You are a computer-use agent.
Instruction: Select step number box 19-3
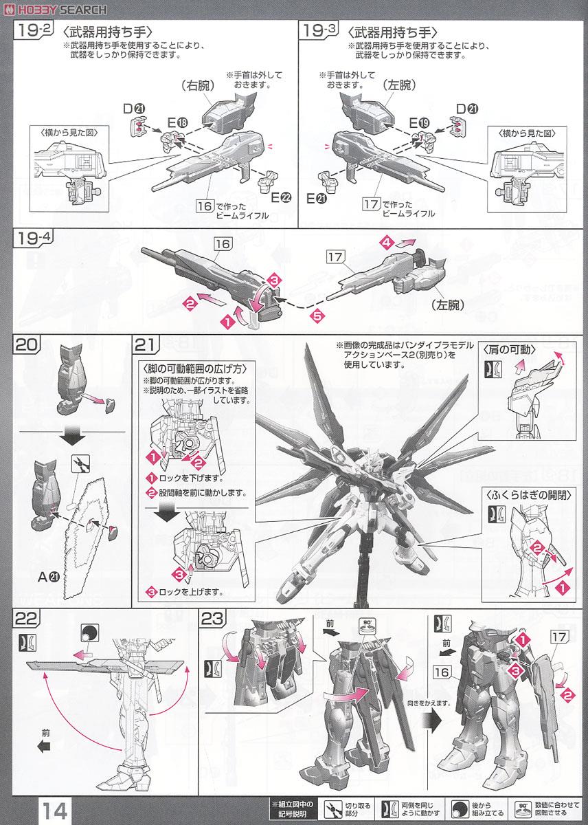tap(317, 30)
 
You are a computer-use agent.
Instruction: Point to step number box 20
tap(25, 342)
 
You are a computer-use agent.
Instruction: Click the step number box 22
tap(25, 618)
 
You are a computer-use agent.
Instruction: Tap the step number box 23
tap(212, 618)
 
